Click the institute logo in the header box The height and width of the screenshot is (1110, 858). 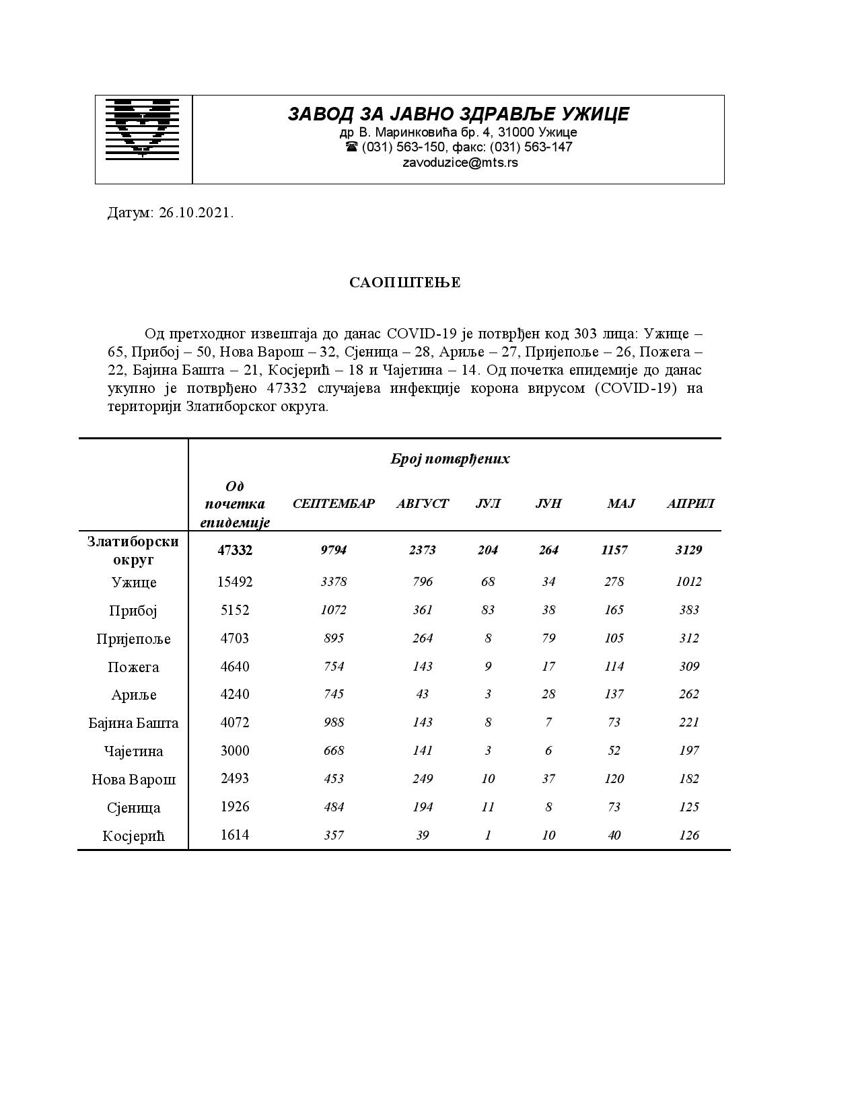pos(142,128)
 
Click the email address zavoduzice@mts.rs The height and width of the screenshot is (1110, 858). pos(460,163)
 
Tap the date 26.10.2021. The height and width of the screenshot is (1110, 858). pos(196,213)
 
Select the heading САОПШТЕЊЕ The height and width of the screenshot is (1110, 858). pos(404,283)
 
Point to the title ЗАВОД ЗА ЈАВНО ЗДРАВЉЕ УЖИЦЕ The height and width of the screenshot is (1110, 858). pos(458,114)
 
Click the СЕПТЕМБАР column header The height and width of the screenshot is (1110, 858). pos(333,503)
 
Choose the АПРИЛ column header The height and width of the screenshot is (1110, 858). pos(690,503)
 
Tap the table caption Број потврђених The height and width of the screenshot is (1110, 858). pos(450,459)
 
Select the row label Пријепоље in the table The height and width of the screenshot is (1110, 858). pos(133,638)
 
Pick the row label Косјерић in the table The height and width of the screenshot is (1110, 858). pos(133,836)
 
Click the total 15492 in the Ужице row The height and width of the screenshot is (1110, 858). pos(235,582)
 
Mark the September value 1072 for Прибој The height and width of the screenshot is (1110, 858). pos(333,610)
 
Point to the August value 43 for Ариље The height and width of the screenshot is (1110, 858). pos(422,694)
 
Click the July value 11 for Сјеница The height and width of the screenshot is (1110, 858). pos(488,807)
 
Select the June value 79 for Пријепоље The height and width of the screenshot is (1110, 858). pos(548,638)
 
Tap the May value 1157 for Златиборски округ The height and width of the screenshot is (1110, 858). pos(614,550)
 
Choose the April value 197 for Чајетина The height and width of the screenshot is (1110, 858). pos(688,751)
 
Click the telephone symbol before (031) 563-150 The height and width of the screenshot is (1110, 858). pos(351,147)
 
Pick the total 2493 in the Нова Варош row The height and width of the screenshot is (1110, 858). pos(235,778)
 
